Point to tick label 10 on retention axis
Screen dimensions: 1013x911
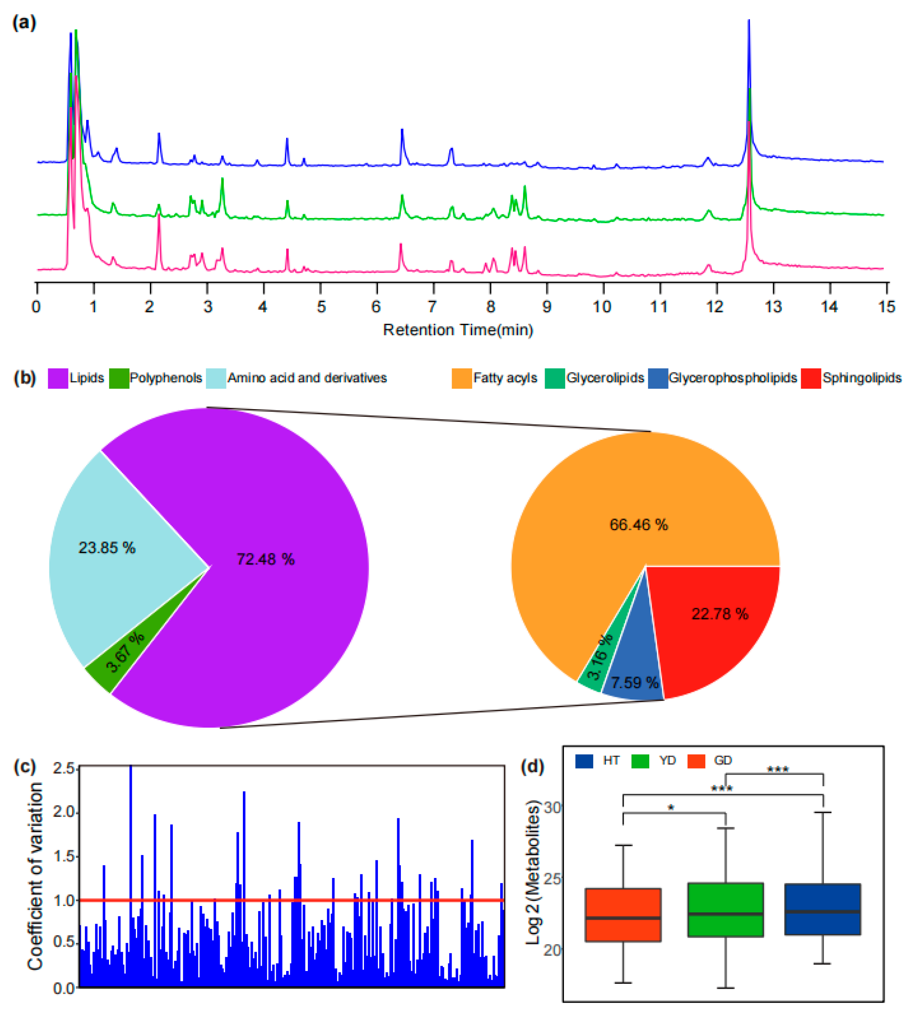pyautogui.click(x=602, y=306)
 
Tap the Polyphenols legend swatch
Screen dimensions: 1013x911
pyautogui.click(x=119, y=378)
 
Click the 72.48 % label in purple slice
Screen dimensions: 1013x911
pyautogui.click(x=265, y=559)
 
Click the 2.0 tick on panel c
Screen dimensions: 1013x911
pyautogui.click(x=64, y=811)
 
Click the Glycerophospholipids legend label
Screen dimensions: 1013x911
pyautogui.click(x=732, y=378)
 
